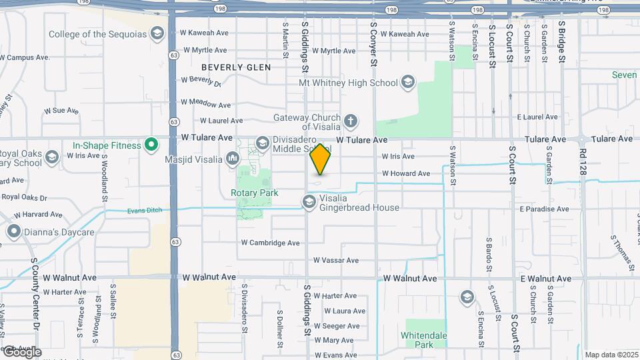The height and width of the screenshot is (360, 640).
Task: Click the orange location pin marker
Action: pos(321,159)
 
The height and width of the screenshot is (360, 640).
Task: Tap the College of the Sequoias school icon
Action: pos(157,34)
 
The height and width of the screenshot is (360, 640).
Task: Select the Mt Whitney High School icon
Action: pos(408,83)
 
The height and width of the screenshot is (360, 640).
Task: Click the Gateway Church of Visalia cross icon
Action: pos(351,122)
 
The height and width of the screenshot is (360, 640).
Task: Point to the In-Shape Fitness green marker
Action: pos(151,145)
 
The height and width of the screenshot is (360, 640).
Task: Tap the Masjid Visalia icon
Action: pos(233,159)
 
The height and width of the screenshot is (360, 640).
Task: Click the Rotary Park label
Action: pos(254,193)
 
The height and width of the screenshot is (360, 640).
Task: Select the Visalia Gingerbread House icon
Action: pos(309,201)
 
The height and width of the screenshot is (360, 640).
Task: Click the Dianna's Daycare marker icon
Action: pos(13,232)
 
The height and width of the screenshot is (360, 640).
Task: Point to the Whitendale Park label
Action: pos(423,340)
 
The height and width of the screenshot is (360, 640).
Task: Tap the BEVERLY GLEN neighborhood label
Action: pos(236,67)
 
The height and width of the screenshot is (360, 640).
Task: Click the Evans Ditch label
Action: pos(144,211)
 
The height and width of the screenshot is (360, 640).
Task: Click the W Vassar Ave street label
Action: pos(337,260)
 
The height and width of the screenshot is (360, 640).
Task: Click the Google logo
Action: pos(22,351)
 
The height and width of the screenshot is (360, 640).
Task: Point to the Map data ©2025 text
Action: pos(611,355)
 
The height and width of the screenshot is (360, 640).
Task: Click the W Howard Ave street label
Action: pos(406,174)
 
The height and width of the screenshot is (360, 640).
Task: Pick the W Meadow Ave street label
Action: pos(206,105)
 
